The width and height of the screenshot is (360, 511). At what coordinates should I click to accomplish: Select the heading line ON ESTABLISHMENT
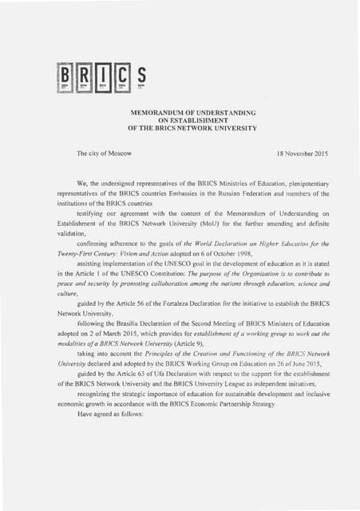pos(192,120)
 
